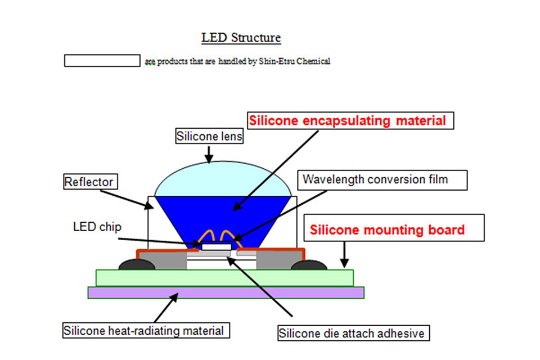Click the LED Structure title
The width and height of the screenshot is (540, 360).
click(241, 38)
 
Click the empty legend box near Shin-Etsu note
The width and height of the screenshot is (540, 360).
click(102, 61)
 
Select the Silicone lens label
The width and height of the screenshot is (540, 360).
click(209, 136)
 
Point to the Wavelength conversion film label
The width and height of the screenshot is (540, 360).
click(375, 179)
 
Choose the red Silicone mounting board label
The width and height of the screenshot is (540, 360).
click(388, 229)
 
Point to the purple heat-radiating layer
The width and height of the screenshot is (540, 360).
click(225, 292)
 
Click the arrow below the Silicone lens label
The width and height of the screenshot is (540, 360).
click(209, 154)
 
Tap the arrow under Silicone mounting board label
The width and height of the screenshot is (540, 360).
click(344, 255)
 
